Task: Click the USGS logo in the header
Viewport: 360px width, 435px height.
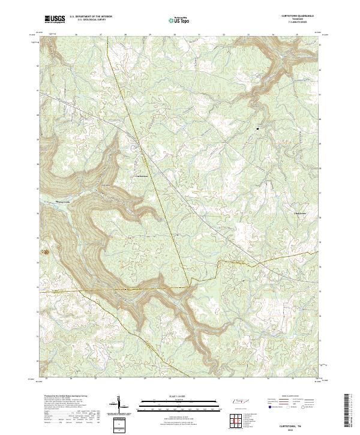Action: (55, 19)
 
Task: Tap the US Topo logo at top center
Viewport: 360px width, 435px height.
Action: (178, 20)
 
